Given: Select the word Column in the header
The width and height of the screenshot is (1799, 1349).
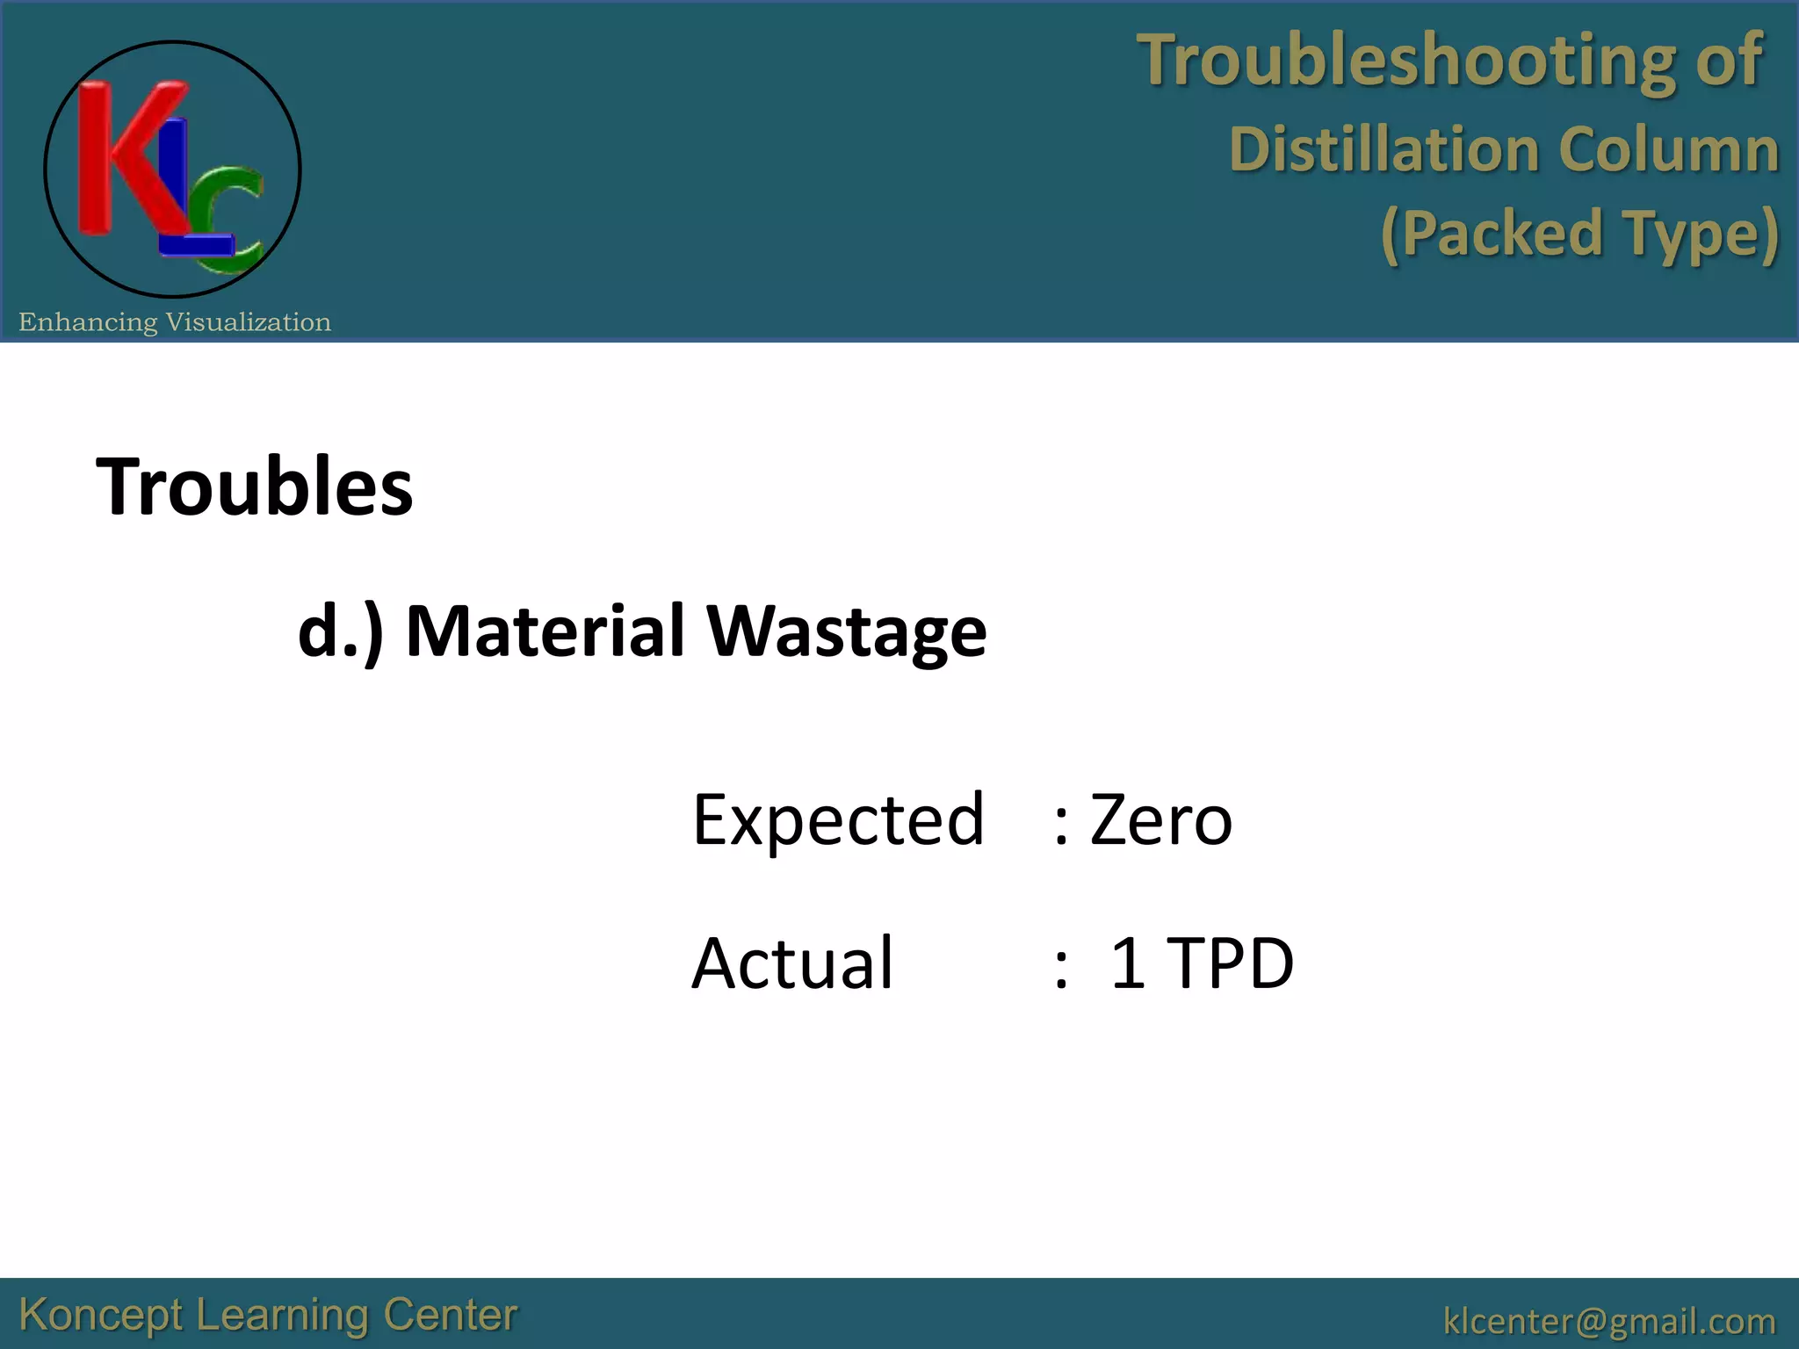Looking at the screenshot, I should [x=1668, y=149].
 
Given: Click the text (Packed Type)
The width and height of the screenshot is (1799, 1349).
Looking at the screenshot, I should [x=1579, y=234].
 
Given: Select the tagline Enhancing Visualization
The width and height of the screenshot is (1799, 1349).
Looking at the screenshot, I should [x=175, y=322].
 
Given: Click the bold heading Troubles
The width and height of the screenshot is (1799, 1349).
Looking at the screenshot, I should [x=254, y=487].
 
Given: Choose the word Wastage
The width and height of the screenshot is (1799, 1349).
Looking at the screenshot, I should [x=847, y=632].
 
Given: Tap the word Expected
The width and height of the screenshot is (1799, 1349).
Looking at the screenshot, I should [x=838, y=820].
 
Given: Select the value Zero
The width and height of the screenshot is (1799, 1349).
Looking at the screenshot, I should [x=1160, y=820].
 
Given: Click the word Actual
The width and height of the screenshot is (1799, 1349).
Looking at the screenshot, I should [x=792, y=963].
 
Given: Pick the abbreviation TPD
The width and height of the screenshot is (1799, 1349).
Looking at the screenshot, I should [x=1232, y=963].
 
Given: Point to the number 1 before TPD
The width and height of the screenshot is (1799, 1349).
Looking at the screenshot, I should [x=1128, y=963].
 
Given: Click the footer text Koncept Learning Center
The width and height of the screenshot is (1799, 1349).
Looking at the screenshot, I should [x=268, y=1316].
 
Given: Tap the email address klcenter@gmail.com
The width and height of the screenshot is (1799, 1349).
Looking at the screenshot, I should [x=1609, y=1320].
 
